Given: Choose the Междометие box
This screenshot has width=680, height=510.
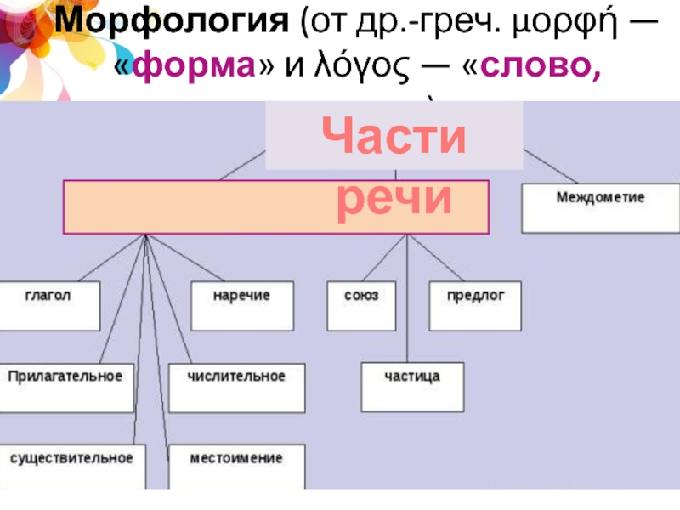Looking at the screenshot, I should pos(600,209).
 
